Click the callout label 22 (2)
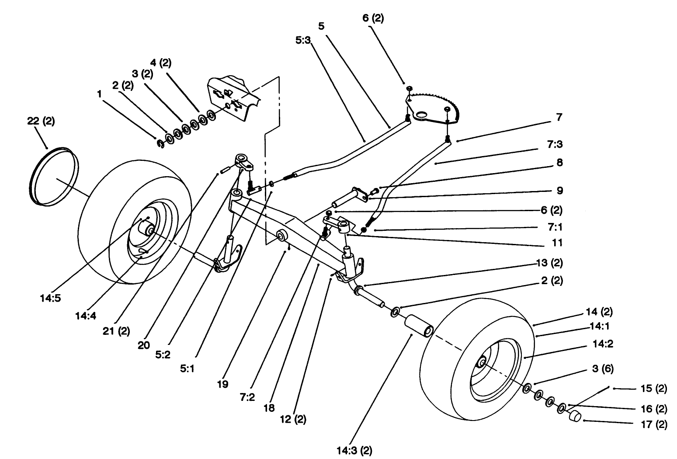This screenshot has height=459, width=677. (41, 122)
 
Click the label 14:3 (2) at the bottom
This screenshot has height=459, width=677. (354, 450)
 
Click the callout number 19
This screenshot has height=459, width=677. (222, 385)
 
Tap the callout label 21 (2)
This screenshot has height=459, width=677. (116, 331)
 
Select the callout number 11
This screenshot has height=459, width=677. (557, 243)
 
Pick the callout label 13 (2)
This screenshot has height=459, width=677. (549, 263)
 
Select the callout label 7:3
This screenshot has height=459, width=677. (553, 144)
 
